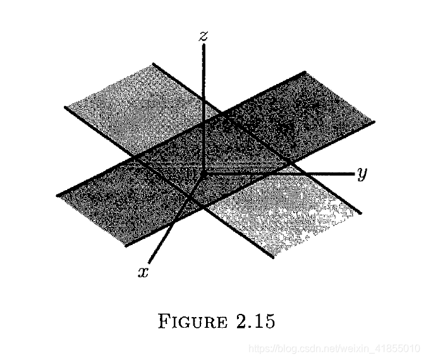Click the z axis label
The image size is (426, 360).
click(x=203, y=36)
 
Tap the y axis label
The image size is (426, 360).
click(x=362, y=173)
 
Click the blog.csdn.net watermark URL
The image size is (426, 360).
click(x=334, y=348)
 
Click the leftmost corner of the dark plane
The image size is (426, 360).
click(x=57, y=194)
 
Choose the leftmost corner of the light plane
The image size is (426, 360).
click(x=65, y=107)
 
